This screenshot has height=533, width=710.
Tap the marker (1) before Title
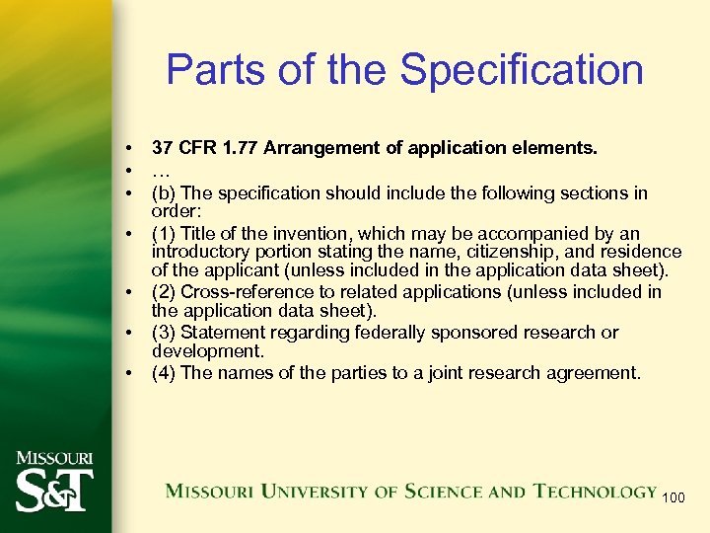pos(164,234)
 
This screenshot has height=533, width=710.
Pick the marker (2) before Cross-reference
pos(164,292)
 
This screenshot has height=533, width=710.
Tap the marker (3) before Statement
pos(164,333)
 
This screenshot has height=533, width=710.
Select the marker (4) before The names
pos(164,373)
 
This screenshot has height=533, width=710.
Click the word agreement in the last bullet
pos(599,373)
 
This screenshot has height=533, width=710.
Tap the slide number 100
pos(673,497)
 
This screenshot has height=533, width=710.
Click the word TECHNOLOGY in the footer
pos(595,491)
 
